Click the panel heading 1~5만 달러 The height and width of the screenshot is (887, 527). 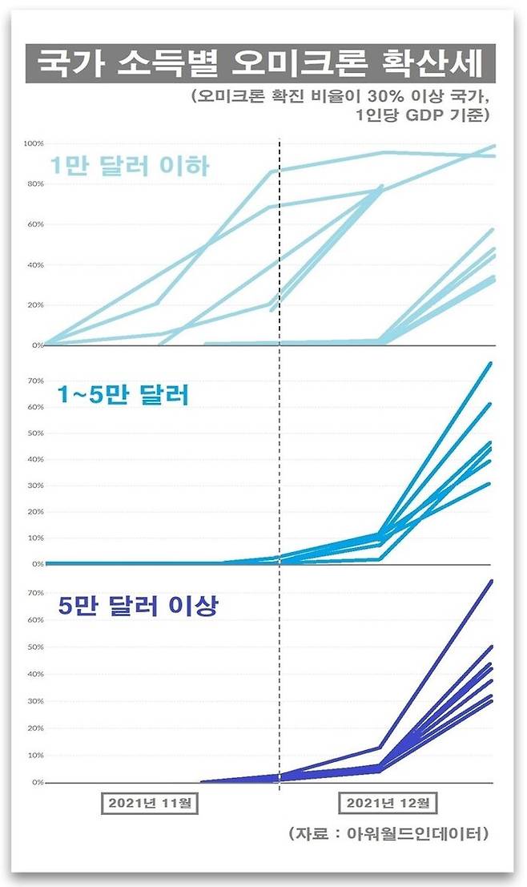pos(122,395)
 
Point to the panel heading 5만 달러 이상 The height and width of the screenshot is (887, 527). pos(139,606)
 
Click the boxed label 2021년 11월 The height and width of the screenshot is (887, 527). pos(151,802)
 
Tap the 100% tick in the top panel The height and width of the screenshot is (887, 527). pos(33,143)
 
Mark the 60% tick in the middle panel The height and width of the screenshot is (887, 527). pos(34,407)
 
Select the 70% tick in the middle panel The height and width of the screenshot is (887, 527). pos(34,381)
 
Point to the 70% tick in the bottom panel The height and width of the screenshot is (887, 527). pos(34,593)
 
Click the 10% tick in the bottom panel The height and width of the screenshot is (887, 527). pos(34,755)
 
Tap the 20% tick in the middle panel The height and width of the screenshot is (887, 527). pos(34,511)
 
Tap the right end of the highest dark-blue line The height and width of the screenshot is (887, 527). pos(490,581)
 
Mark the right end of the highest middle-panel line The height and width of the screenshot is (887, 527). pos(490,363)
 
